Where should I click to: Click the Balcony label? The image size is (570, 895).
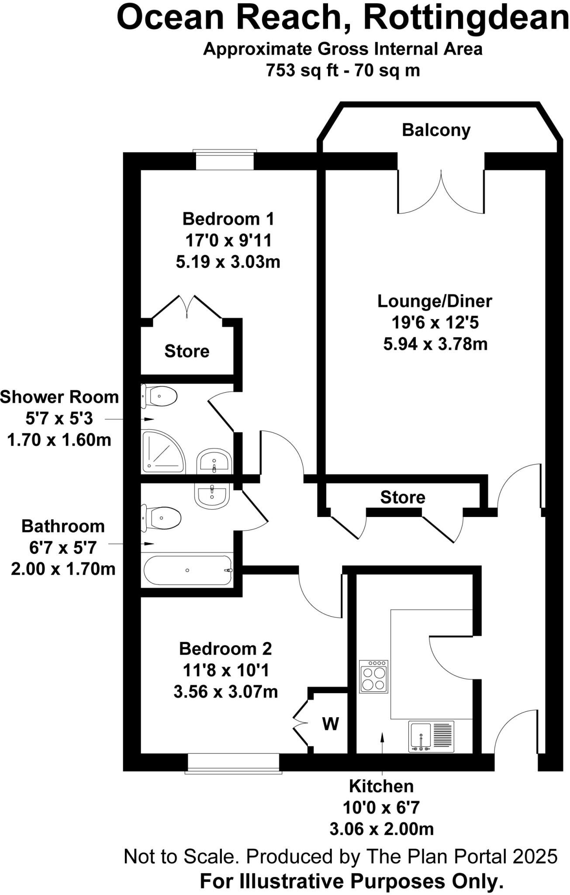(436, 130)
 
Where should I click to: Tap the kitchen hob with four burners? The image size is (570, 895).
(373, 676)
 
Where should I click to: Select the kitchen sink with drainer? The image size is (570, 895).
(431, 736)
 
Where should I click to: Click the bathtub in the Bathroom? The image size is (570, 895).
(187, 570)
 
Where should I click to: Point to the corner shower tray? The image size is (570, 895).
(162, 452)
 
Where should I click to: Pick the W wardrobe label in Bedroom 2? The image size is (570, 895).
(331, 724)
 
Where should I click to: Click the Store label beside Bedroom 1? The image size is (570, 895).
(187, 351)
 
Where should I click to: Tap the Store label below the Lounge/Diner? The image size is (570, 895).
(402, 497)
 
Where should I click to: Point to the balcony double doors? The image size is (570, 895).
(441, 192)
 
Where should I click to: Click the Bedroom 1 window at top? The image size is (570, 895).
(225, 160)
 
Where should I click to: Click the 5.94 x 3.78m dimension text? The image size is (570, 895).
(435, 344)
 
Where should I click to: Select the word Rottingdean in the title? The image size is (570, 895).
(466, 18)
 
